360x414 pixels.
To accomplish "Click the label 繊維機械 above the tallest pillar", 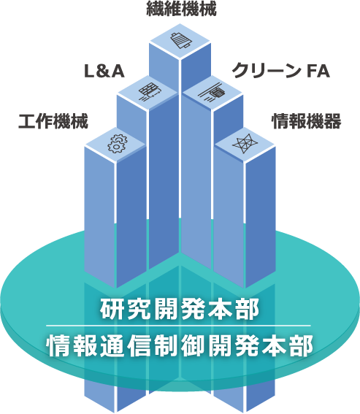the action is [181, 9].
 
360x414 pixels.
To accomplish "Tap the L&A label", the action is [104, 72].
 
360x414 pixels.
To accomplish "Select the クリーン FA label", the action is [281, 71].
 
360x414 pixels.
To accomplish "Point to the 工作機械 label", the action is [53, 121].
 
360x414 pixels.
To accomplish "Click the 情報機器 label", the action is [307, 121].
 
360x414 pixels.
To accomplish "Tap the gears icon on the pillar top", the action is [117, 144].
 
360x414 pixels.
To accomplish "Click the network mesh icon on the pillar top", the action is [245, 144].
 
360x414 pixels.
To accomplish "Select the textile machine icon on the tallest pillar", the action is [181, 40].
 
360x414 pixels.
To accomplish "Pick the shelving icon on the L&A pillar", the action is [149, 92].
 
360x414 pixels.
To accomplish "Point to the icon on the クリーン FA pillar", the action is [213, 92].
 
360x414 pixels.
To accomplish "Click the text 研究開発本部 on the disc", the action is [180, 310].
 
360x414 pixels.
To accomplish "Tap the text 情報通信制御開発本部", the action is [180, 345].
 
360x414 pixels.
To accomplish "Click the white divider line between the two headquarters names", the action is [178, 326].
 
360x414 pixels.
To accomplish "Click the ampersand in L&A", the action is [104, 72].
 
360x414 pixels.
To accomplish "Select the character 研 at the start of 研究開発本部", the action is [111, 310].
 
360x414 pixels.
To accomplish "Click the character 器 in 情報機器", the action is [333, 121].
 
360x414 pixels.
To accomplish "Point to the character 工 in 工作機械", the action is [27, 121].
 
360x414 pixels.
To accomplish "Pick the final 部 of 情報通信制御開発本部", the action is [302, 345].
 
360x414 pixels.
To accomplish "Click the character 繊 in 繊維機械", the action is [155, 9].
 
